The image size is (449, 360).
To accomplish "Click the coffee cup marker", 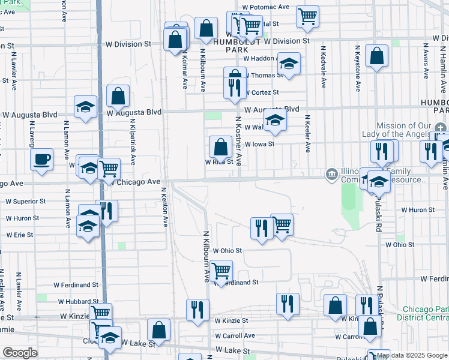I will [41, 160].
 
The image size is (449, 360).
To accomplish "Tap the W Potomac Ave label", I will [266, 7].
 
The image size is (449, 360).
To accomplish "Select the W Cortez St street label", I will [261, 92].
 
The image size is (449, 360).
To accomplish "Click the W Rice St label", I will [219, 162].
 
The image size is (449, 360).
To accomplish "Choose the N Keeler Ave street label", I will [307, 133].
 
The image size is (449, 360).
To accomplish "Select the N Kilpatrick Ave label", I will [131, 132].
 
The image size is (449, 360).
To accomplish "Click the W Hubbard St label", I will [78, 302].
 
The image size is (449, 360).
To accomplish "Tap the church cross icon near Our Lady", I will [441, 127].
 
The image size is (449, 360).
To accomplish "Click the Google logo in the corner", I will [20, 353].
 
